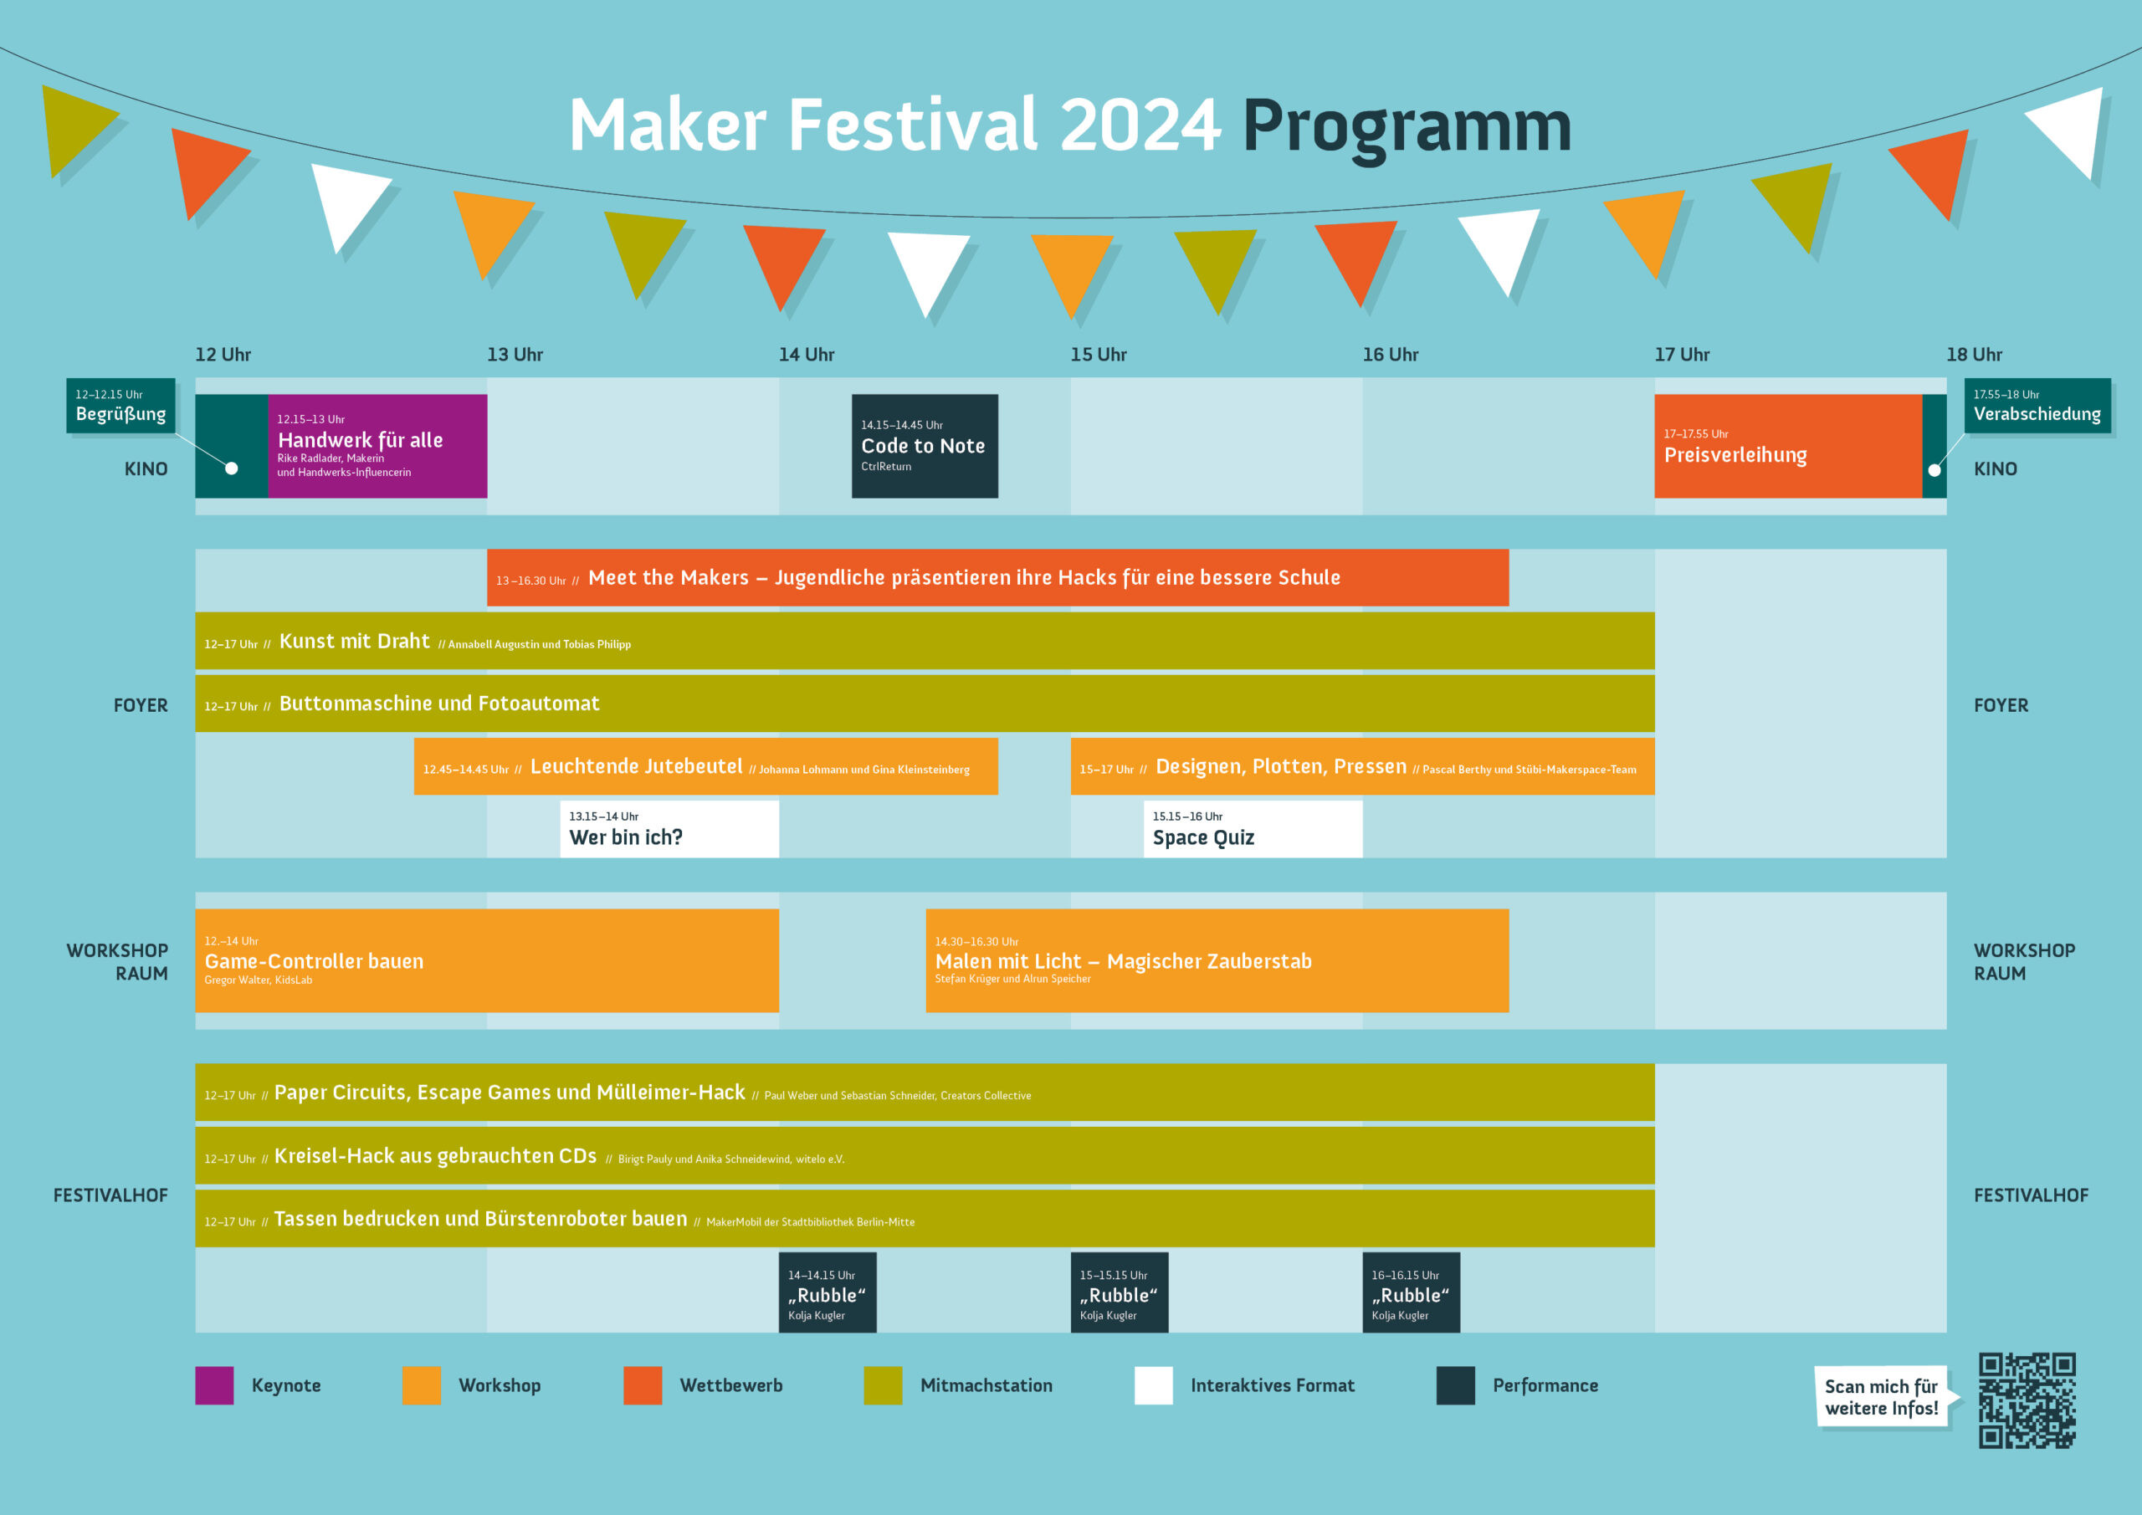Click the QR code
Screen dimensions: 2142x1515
coord(2027,1400)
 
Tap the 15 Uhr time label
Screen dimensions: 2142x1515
coord(1098,355)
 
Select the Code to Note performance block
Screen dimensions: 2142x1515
coord(925,446)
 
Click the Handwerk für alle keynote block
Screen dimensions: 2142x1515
coord(377,446)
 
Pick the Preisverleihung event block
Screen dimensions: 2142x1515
coord(1787,446)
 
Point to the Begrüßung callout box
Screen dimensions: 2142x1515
coord(120,406)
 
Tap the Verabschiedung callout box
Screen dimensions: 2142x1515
coord(2037,406)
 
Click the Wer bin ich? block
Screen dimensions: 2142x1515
coord(669,828)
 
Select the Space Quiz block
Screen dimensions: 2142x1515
coord(1252,828)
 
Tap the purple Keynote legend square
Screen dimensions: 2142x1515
coord(214,1385)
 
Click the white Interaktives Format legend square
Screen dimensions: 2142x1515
coord(1153,1385)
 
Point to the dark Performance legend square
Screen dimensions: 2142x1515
coord(1455,1385)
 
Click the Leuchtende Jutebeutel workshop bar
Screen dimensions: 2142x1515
coord(705,766)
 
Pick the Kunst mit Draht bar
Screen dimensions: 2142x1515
coord(925,640)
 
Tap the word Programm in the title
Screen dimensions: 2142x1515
coord(1407,127)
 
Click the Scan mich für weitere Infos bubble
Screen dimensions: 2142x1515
coord(1882,1396)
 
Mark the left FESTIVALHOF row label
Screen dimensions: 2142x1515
coord(110,1195)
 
